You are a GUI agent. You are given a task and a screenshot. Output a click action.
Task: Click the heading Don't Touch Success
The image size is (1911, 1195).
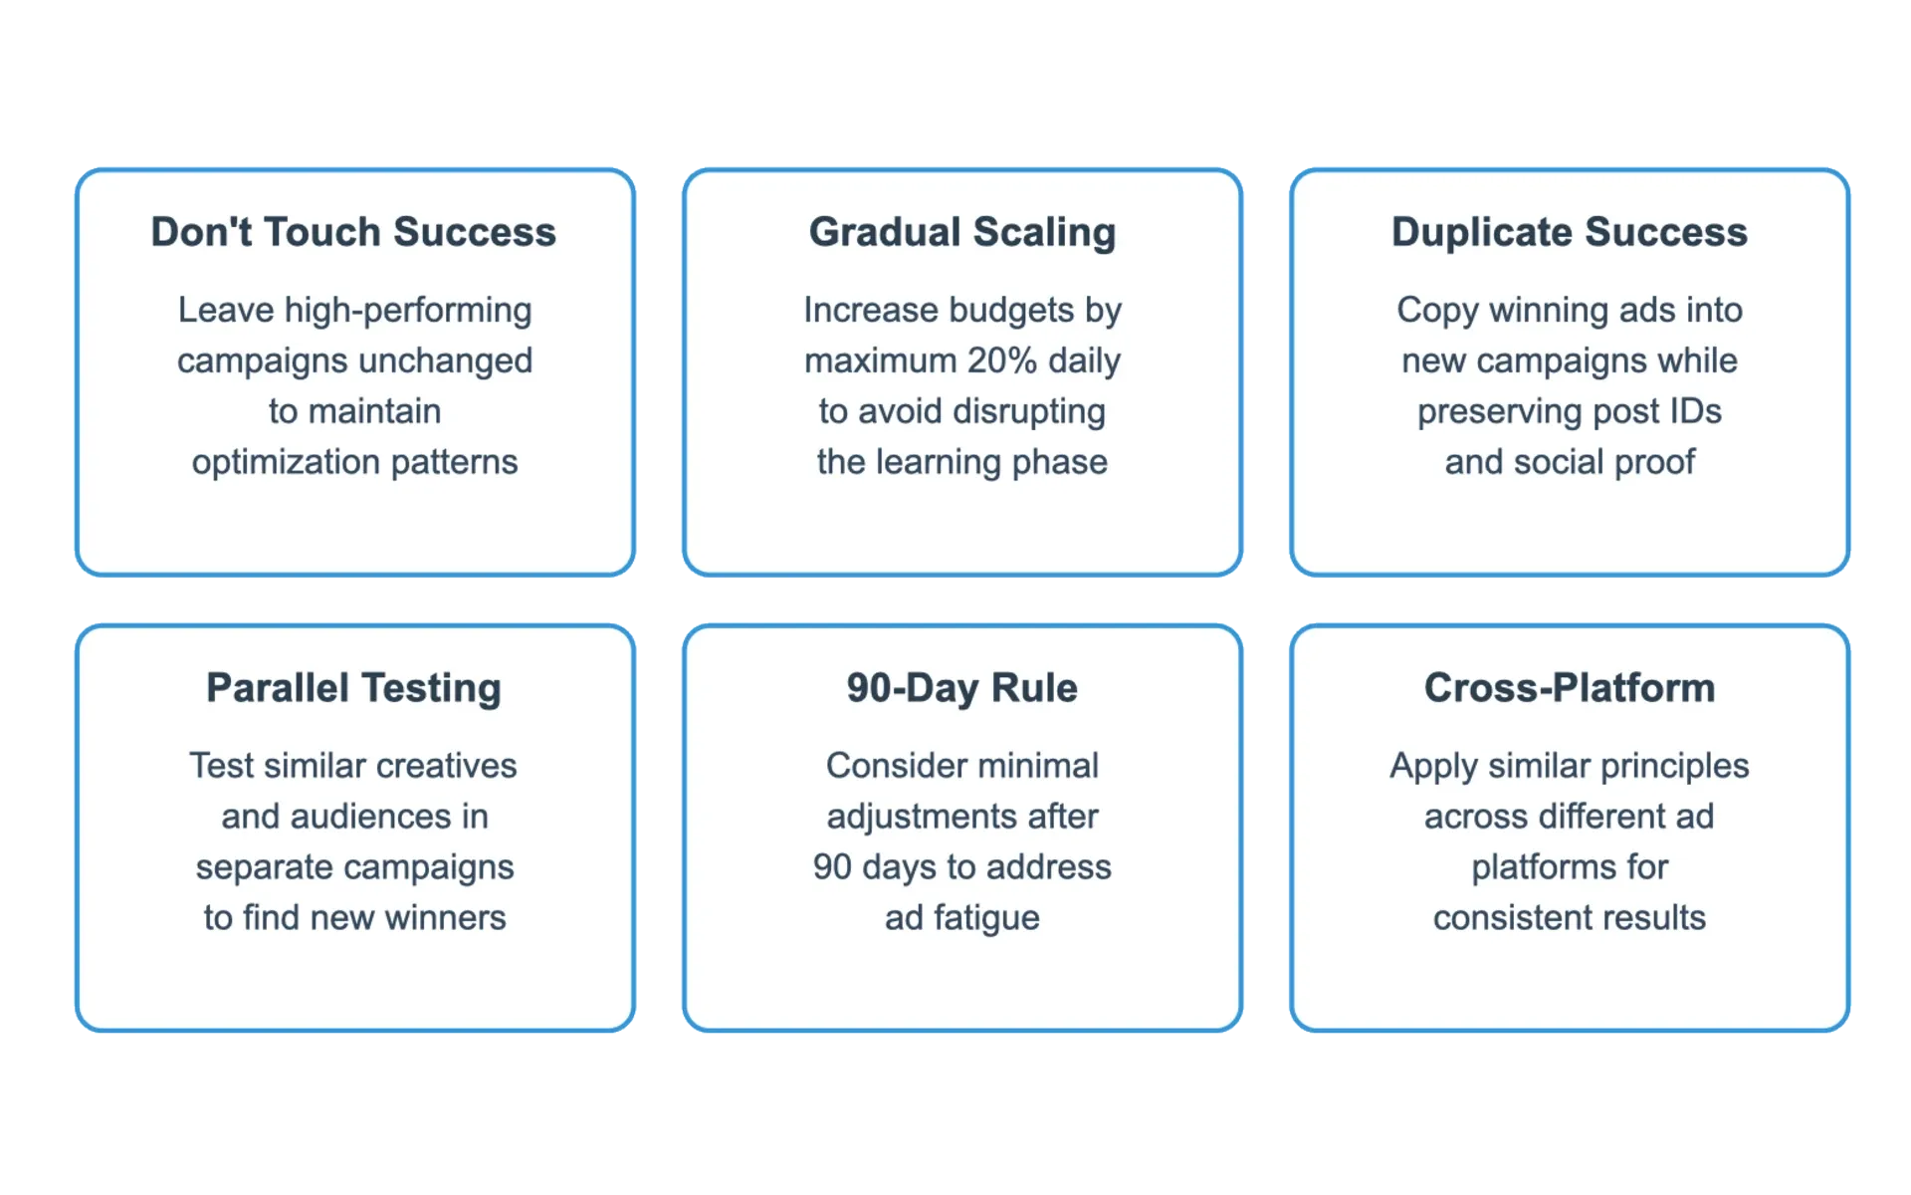tap(353, 232)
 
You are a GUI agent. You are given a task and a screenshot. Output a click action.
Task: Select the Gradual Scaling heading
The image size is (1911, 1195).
tap(962, 233)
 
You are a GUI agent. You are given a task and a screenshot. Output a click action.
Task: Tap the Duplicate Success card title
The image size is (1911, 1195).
tap(1570, 232)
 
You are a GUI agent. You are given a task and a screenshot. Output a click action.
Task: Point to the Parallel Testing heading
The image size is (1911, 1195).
tap(353, 689)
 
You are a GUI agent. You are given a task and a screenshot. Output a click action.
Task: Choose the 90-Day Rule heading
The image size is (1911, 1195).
tap(962, 689)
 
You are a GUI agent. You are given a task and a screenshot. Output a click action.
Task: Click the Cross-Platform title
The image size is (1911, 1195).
tap(1570, 688)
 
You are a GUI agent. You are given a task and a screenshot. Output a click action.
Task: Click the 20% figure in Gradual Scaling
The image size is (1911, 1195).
tap(1002, 360)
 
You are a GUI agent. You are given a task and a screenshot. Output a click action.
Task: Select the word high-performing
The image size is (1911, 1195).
tap(408, 311)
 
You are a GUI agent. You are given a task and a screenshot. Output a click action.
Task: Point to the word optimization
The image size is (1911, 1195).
tap(287, 463)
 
